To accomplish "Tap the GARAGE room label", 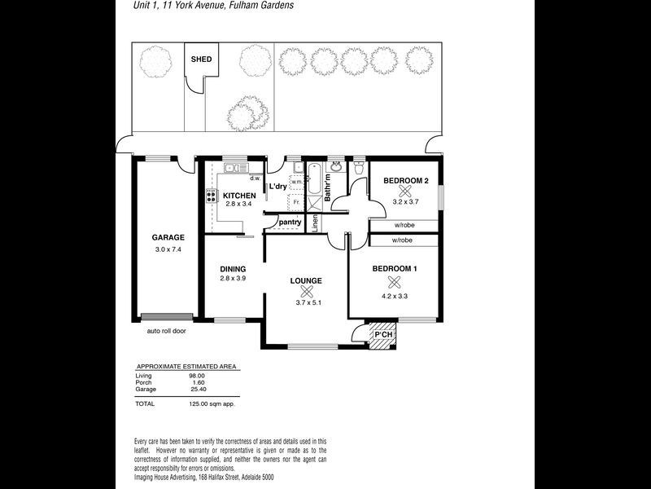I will pos(168,238).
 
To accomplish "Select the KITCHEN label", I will pos(239,196).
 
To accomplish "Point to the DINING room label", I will pos(233,269).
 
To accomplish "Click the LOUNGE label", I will pos(306,280).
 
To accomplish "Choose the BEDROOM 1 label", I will pos(395,269).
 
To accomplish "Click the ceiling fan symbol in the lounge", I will pos(306,292).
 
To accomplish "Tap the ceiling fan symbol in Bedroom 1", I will pos(395,282).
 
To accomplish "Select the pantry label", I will pos(290,222).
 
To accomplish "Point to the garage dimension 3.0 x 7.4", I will pos(168,249).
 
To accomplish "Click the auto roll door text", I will pos(166,332).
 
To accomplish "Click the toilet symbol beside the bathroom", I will pos(359,169).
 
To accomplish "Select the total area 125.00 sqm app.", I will pos(208,403).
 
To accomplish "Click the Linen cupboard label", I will pos(316,223).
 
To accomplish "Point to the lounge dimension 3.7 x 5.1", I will pos(308,303).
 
